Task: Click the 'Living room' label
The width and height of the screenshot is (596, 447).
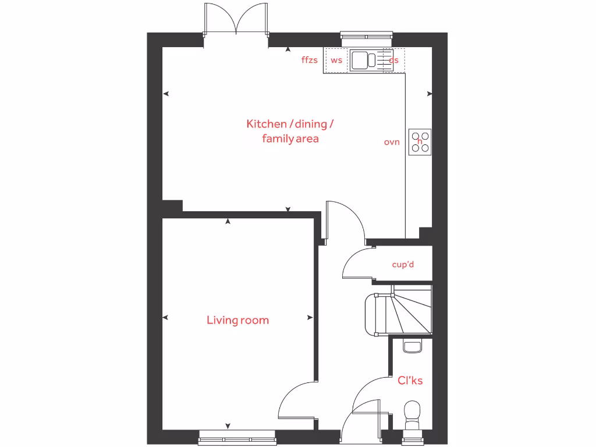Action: (x=237, y=320)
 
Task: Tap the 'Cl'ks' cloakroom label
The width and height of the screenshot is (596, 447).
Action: (x=410, y=381)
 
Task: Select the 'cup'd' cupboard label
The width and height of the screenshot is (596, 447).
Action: (x=403, y=265)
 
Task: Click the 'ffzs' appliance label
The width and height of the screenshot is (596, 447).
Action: (x=310, y=60)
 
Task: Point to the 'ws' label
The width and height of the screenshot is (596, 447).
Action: (x=336, y=60)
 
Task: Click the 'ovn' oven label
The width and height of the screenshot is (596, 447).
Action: (x=392, y=142)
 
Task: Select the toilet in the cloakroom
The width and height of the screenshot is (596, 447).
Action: (x=412, y=414)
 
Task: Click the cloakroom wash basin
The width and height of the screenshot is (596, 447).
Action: (x=412, y=347)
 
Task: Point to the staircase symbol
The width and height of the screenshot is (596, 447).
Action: (x=399, y=311)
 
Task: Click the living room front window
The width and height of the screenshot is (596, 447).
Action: (x=236, y=434)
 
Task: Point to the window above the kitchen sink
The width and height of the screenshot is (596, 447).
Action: (x=367, y=36)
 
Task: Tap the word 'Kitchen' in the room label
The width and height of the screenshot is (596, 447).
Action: (x=267, y=124)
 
